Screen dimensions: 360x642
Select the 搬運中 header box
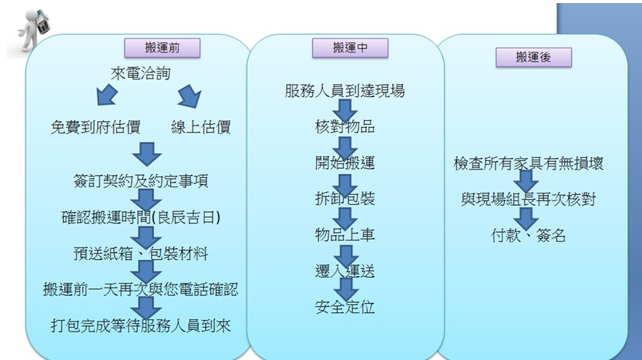tap(349, 48)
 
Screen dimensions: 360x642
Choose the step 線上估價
tap(200, 127)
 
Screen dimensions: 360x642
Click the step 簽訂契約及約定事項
tap(141, 181)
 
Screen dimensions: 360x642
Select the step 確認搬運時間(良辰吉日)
tap(141, 217)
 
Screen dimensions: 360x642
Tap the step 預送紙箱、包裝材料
tap(141, 253)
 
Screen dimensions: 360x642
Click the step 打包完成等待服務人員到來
tap(141, 325)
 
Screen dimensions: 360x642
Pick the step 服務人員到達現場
tap(345, 92)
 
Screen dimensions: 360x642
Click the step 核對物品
tap(345, 127)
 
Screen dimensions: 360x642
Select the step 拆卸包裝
tap(345, 198)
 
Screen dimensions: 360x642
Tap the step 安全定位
tap(345, 307)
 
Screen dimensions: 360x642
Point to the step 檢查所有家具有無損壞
tap(529, 163)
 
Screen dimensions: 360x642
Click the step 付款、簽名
tap(529, 235)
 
